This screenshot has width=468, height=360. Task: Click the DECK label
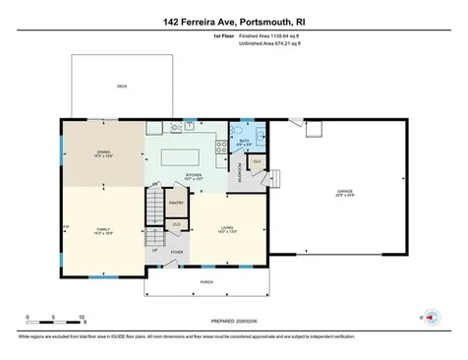(122, 87)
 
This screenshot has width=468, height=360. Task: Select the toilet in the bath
(234, 132)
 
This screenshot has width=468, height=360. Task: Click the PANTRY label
(177, 203)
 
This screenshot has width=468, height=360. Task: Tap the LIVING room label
(227, 230)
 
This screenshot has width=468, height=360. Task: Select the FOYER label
(177, 252)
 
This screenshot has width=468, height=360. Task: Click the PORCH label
(206, 282)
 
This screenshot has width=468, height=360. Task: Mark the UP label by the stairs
(155, 250)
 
